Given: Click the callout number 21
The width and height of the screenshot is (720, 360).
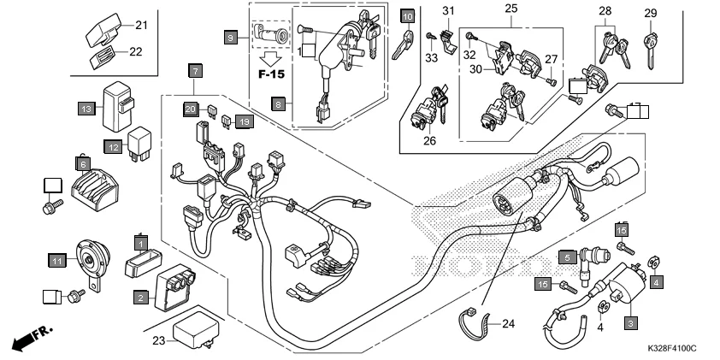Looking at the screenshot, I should coord(141,24).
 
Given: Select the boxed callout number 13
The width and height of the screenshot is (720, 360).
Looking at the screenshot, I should coord(86,109).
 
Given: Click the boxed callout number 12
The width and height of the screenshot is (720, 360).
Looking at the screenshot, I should coord(111,146).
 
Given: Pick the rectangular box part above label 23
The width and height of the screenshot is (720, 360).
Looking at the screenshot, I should coord(193,329).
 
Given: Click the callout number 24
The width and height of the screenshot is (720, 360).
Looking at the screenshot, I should coord(509,323).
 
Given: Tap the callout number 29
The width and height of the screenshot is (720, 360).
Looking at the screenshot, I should coord(651,12).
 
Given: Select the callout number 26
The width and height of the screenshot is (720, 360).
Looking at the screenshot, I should coord(429,141).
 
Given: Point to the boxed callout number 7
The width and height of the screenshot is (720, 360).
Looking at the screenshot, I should coord(196,69).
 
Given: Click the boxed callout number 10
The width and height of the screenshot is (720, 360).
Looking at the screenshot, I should coord(408,15).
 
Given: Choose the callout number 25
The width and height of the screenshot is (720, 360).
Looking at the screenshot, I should coord(512,9).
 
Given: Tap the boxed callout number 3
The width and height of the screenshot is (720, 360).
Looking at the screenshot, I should coord(631,323).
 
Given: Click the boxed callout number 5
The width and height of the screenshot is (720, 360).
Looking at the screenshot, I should coord(566,256).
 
